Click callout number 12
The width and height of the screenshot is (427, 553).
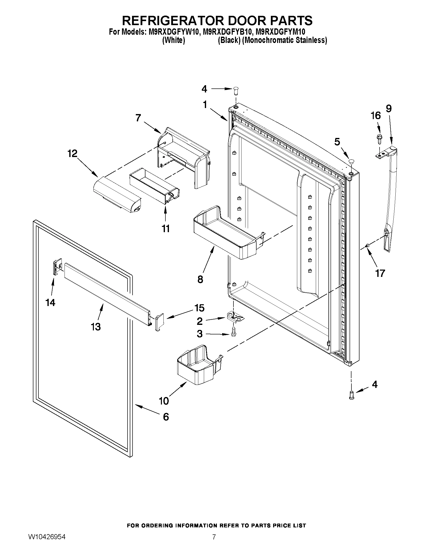[72, 154]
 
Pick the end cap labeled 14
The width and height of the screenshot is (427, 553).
[57, 266]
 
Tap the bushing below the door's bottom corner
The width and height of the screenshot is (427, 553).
[351, 395]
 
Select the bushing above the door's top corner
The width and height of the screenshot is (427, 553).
[235, 89]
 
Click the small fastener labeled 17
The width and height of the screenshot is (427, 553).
[367, 245]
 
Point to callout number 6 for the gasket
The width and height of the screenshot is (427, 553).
[166, 417]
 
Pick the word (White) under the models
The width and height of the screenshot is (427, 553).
[173, 40]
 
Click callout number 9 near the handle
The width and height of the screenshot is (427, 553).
[389, 109]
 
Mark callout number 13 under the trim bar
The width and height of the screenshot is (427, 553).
[96, 327]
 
